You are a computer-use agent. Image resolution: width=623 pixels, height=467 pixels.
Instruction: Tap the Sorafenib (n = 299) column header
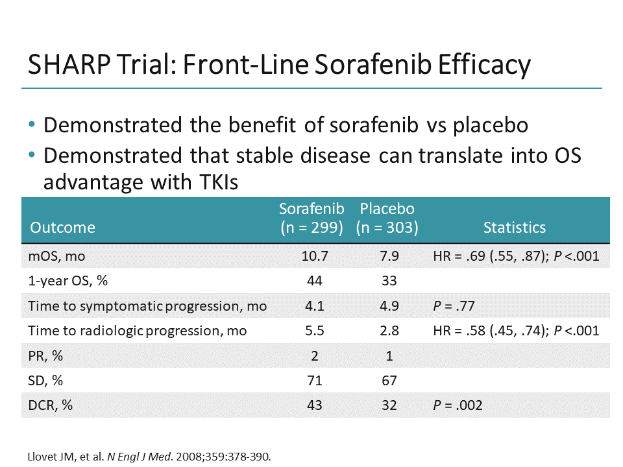[x=311, y=219]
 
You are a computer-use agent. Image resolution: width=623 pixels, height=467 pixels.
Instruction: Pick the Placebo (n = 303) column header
[x=387, y=219]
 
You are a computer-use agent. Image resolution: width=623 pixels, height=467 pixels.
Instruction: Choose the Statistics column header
[x=514, y=227]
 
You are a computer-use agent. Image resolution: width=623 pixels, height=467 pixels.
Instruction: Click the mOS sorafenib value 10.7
[x=315, y=256]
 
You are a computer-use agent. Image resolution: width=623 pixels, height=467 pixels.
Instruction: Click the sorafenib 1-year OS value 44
[x=315, y=281]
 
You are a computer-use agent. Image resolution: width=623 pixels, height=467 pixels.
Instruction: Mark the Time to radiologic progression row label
[x=137, y=331]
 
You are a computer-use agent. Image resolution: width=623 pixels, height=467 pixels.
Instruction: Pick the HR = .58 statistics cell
[x=515, y=331]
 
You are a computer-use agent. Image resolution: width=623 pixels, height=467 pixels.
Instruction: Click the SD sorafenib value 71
[x=315, y=381]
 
